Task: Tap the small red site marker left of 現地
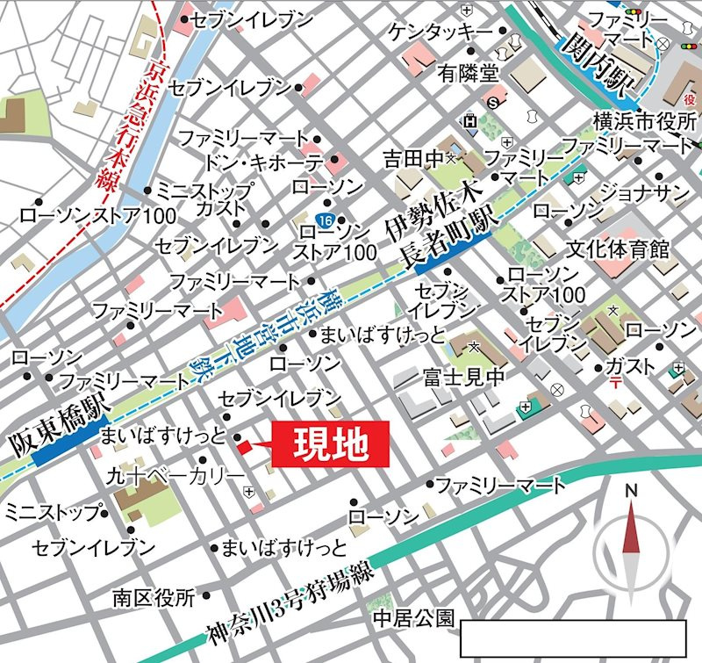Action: tap(243, 447)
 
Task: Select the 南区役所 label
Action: tap(153, 598)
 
